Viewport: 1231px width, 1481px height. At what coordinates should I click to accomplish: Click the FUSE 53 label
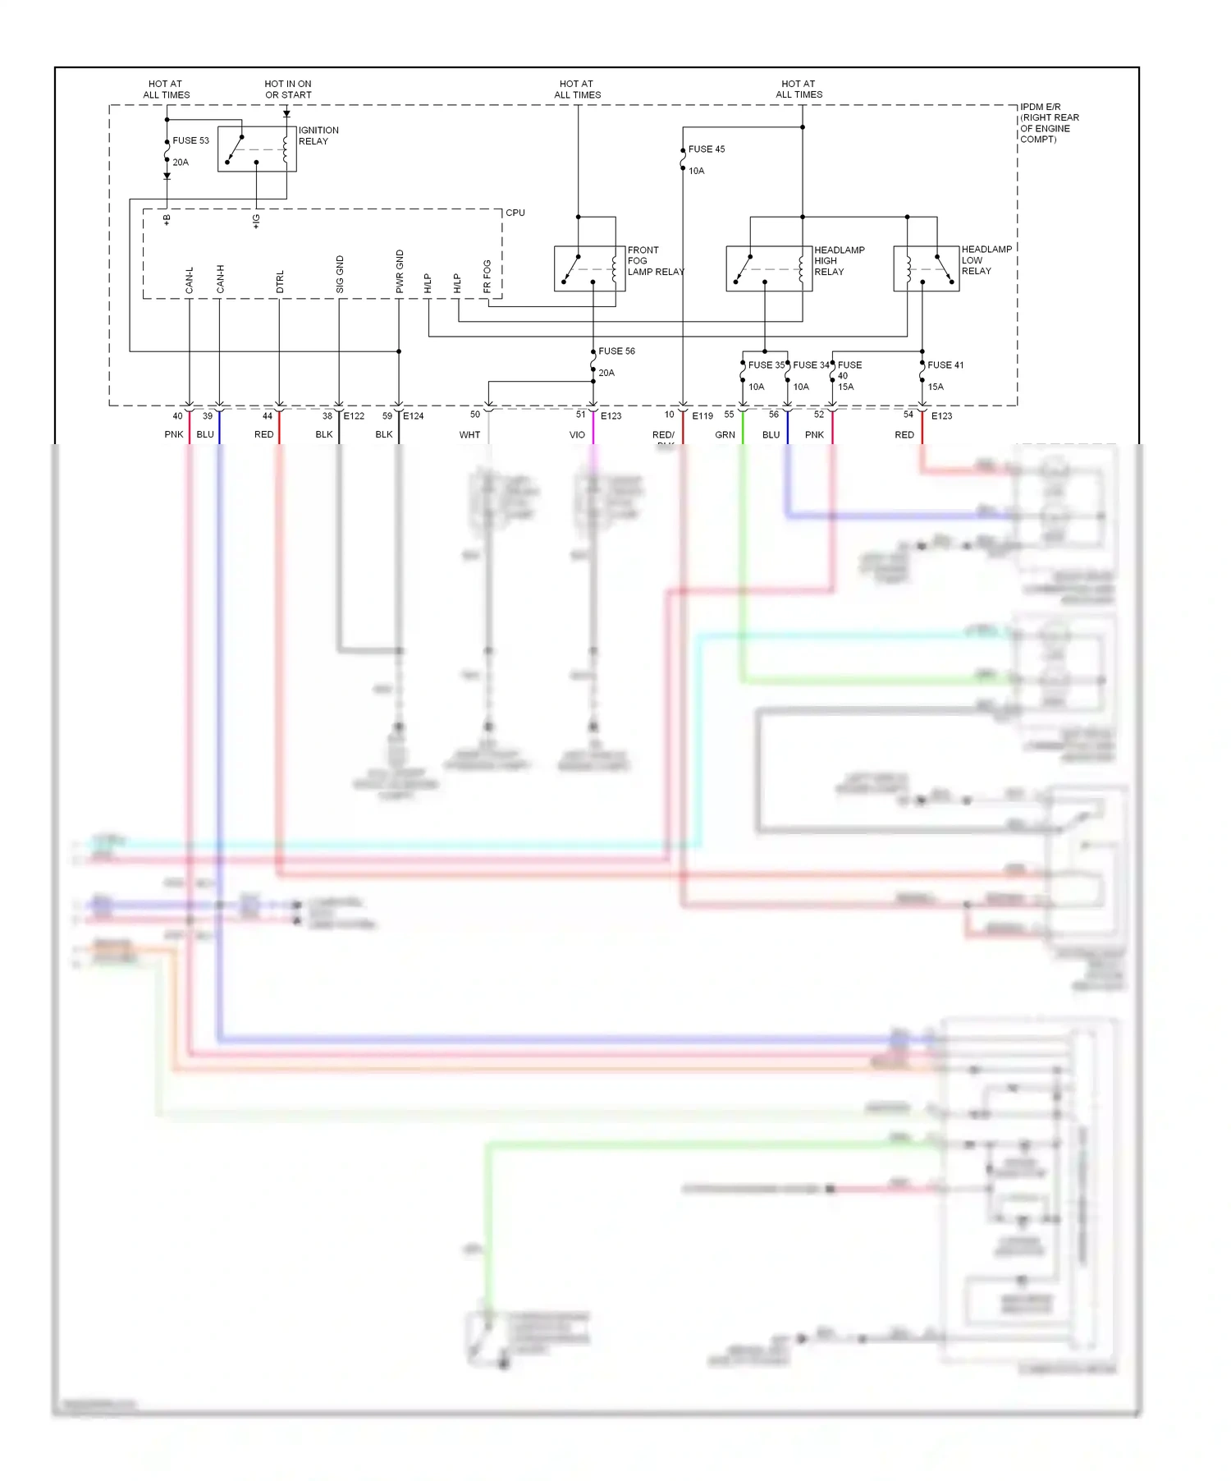[x=190, y=140]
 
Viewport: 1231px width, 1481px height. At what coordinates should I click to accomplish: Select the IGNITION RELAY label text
[x=318, y=135]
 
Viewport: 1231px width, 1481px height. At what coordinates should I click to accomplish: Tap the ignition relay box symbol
[x=257, y=149]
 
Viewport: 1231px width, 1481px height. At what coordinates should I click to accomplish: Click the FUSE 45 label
[x=706, y=149]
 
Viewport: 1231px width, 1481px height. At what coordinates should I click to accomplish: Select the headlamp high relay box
[x=769, y=268]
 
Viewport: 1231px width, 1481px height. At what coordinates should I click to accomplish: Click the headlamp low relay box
[x=926, y=268]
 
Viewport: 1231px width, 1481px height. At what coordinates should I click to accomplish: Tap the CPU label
[x=515, y=213]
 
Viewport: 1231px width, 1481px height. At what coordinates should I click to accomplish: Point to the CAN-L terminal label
[x=190, y=280]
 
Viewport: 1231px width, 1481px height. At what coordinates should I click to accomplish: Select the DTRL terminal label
[x=280, y=282]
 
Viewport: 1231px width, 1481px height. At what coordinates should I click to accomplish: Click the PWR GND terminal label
[x=400, y=272]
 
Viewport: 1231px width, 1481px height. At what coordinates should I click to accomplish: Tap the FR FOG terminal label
[x=487, y=277]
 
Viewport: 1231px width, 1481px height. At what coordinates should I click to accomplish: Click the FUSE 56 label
[x=616, y=351]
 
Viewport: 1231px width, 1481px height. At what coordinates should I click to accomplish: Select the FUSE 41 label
[x=945, y=365]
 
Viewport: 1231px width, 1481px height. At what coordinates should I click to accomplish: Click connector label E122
[x=354, y=416]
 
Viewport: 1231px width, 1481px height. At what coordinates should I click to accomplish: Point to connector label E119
[x=702, y=416]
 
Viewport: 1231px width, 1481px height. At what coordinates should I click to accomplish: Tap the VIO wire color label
[x=577, y=435]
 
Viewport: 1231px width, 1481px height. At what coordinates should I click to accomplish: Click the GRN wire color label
[x=725, y=435]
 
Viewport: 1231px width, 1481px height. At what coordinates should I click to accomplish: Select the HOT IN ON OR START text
[x=288, y=89]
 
